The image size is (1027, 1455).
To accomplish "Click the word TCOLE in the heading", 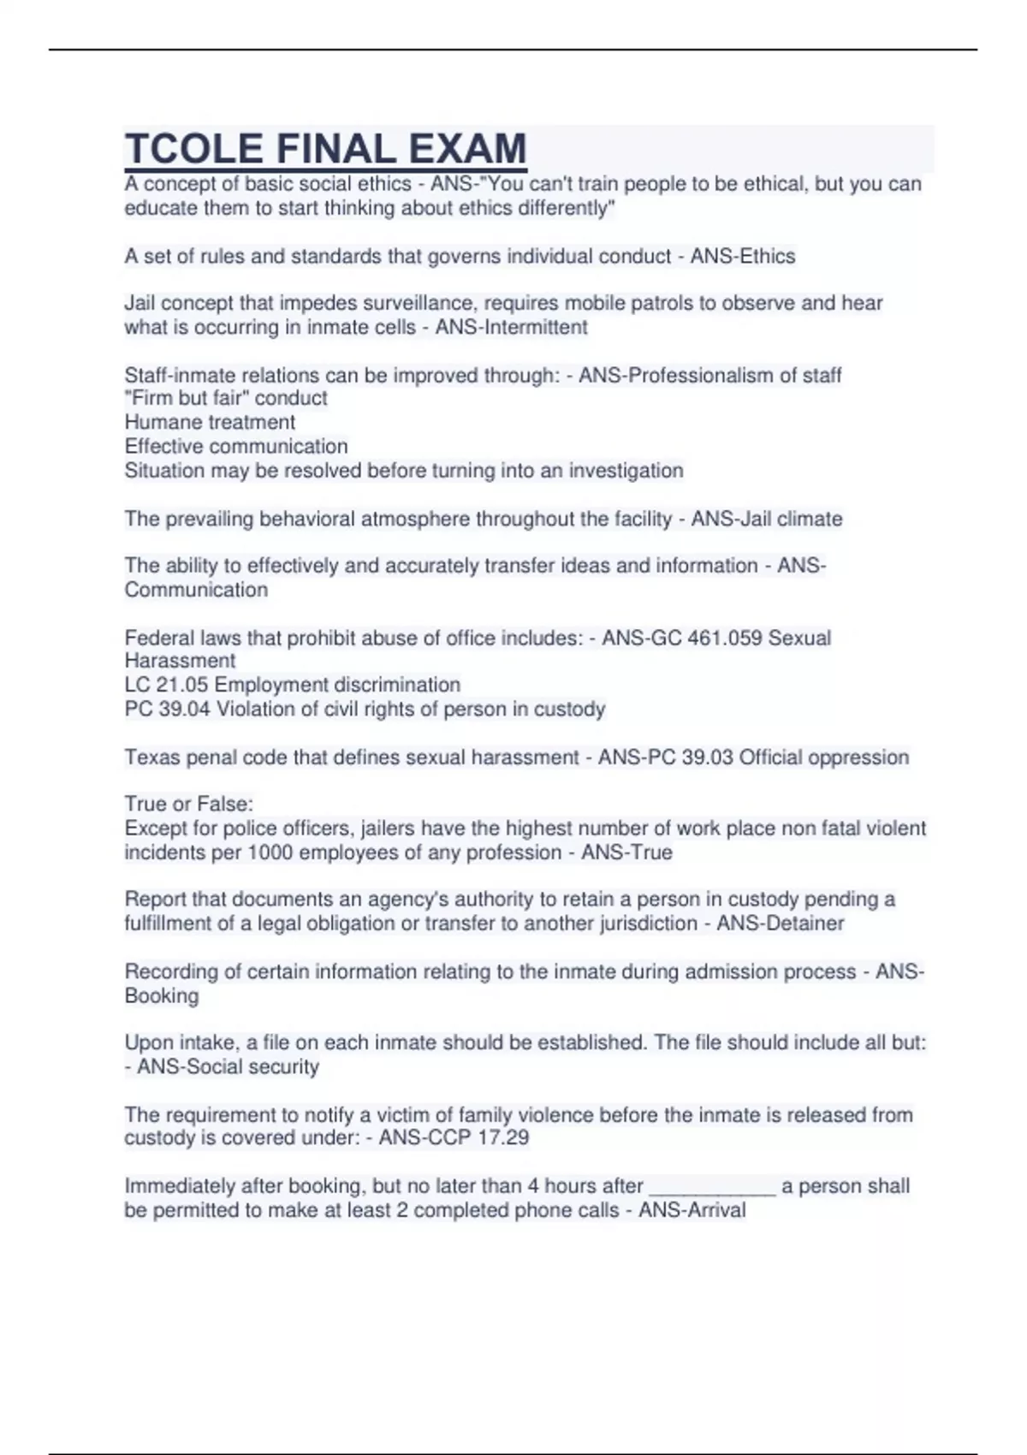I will click(193, 149).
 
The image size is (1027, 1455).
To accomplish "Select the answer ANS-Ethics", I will click(743, 256).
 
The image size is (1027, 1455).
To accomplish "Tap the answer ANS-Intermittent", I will click(511, 327).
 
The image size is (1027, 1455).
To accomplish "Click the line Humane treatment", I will click(210, 422).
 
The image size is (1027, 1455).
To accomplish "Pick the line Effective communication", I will click(236, 446).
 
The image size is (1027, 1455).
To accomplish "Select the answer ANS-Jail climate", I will click(766, 519).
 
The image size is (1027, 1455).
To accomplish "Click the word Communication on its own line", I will click(196, 590).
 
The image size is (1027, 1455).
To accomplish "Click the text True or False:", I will click(189, 804).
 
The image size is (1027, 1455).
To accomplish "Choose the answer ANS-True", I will click(626, 852).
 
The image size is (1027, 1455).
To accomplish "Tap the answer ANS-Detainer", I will click(780, 923).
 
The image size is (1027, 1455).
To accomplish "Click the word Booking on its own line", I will click(162, 995).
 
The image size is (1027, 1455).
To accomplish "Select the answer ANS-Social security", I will click(228, 1066).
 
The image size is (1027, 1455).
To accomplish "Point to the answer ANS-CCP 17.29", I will click(454, 1137).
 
